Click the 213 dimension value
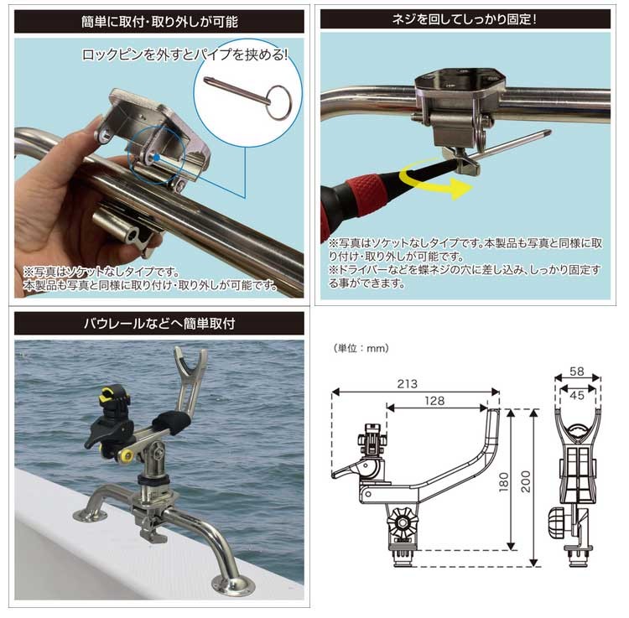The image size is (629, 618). point(407,384)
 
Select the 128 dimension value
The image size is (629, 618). point(434,401)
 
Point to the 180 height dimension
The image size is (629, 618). point(503,481)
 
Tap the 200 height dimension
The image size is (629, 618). point(526,481)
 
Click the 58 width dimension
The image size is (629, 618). point(577,371)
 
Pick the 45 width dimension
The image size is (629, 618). point(577,396)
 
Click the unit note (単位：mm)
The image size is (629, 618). point(361,348)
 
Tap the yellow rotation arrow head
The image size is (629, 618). point(461,189)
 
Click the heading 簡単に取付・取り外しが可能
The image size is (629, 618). point(159,22)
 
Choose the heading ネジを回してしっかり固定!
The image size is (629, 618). point(465,19)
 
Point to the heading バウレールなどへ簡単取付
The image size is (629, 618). point(159,323)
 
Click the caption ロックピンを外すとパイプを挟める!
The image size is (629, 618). point(185,55)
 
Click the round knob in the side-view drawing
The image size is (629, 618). point(403,522)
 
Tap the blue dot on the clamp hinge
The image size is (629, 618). point(157,158)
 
